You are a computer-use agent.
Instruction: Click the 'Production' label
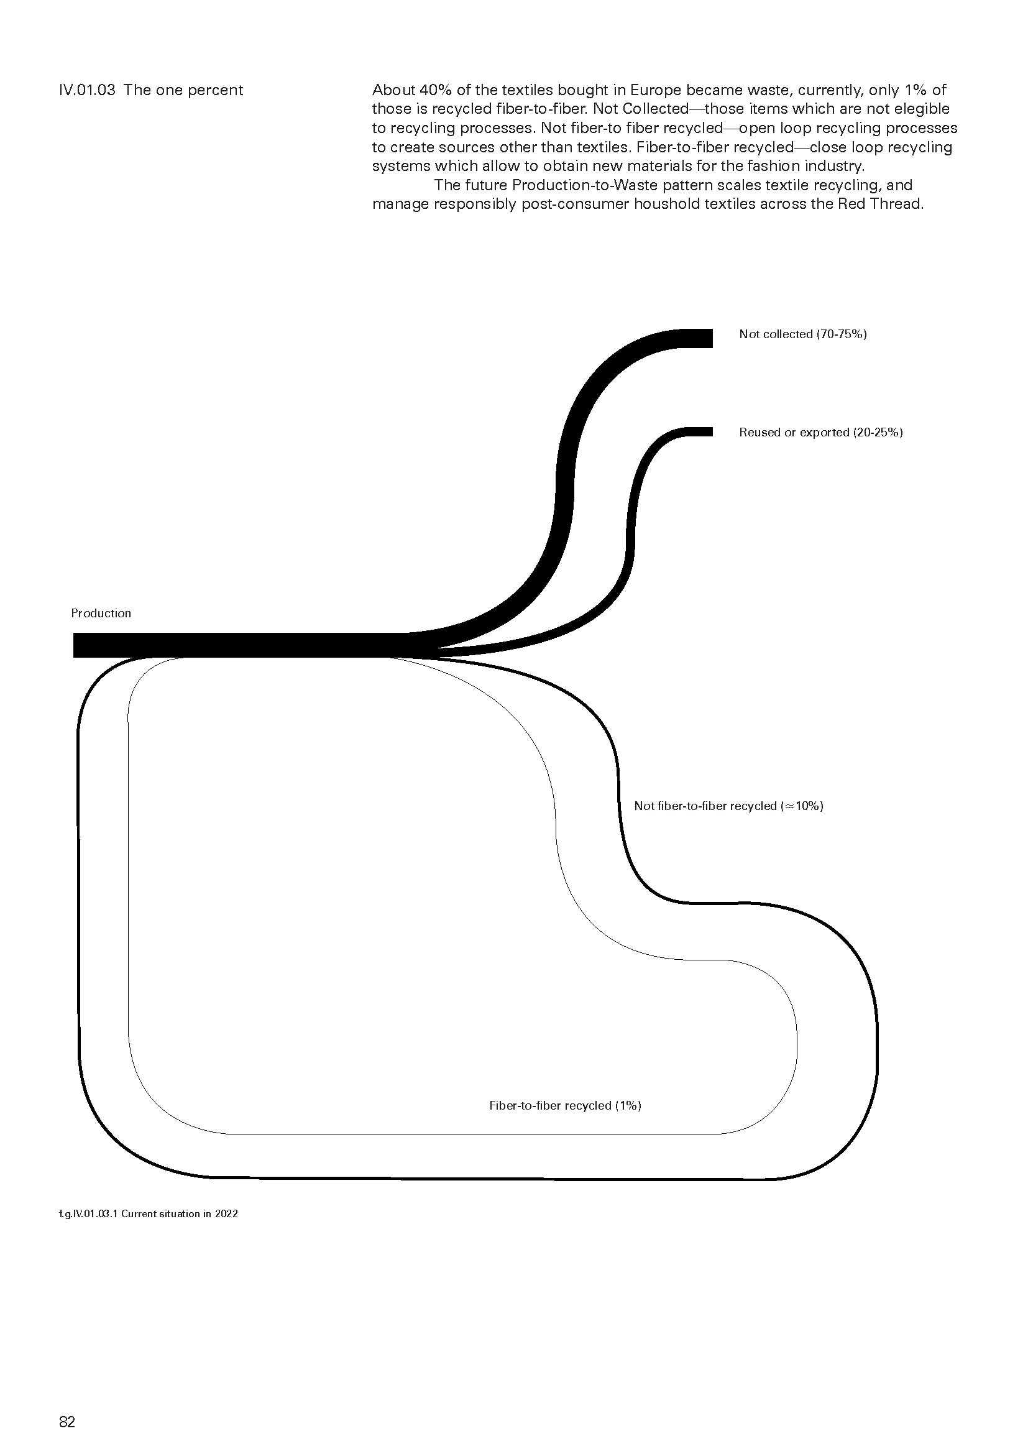(101, 613)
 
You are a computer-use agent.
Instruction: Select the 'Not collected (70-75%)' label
(802, 334)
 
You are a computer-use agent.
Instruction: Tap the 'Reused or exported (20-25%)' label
(820, 432)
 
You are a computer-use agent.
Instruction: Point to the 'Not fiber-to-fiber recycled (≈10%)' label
(728, 806)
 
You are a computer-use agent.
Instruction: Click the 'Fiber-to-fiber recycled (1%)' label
(565, 1105)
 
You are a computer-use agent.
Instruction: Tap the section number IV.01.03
(88, 90)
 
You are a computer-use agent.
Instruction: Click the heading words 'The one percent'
(183, 90)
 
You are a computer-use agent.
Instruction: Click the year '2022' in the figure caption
(226, 1213)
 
